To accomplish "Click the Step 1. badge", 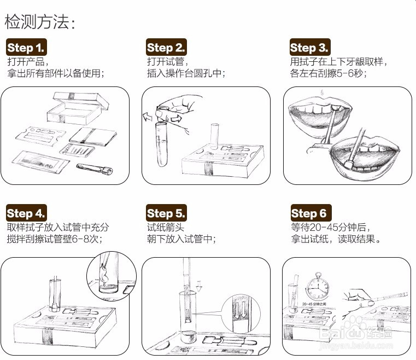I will [26, 47].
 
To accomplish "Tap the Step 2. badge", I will [166, 47].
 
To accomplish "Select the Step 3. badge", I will [309, 47].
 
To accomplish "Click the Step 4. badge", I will [26, 213].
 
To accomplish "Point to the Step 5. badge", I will [166, 213].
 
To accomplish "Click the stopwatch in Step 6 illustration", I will [318, 287].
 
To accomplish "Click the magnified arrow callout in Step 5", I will [238, 314].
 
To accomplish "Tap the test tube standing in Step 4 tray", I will [55, 294].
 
